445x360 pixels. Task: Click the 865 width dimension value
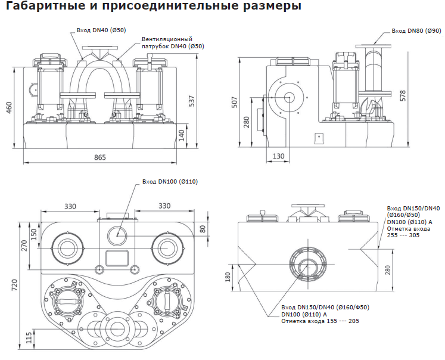[100, 157]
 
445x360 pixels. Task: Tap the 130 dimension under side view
[278, 156]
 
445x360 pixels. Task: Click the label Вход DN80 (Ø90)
[415, 30]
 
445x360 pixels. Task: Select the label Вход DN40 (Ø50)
[100, 30]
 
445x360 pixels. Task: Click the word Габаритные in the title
[40, 8]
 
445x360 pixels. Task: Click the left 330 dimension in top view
[70, 206]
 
